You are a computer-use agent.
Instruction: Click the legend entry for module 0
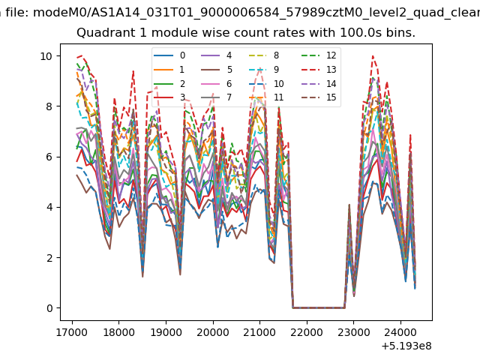click(x=169, y=55)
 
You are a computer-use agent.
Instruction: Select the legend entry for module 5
click(x=217, y=70)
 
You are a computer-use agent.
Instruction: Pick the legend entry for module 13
click(x=319, y=70)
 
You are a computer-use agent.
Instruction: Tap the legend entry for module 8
click(x=264, y=55)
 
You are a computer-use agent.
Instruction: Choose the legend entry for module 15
click(x=319, y=97)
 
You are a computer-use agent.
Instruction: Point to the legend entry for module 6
click(x=217, y=84)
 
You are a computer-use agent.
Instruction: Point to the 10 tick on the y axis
click(x=46, y=56)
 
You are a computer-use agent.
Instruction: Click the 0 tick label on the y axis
click(x=49, y=308)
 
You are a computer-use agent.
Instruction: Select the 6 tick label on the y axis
click(x=49, y=157)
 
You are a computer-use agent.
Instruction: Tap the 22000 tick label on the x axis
click(x=307, y=332)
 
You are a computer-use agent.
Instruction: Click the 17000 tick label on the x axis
click(x=72, y=332)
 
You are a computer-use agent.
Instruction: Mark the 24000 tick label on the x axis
click(x=400, y=332)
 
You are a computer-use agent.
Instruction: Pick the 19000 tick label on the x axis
click(x=166, y=332)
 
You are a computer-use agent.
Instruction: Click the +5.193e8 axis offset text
click(x=406, y=346)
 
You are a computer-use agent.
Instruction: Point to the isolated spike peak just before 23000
click(x=349, y=205)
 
